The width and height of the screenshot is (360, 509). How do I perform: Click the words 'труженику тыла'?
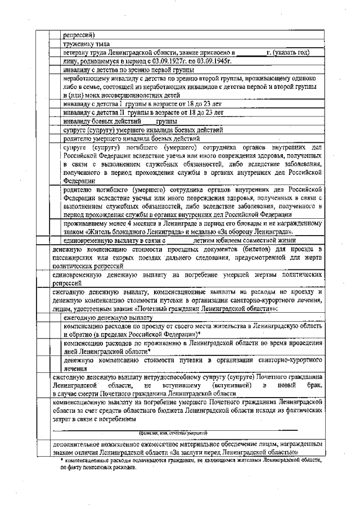[87, 43]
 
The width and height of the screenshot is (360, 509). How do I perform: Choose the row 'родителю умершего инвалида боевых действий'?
[132, 138]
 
